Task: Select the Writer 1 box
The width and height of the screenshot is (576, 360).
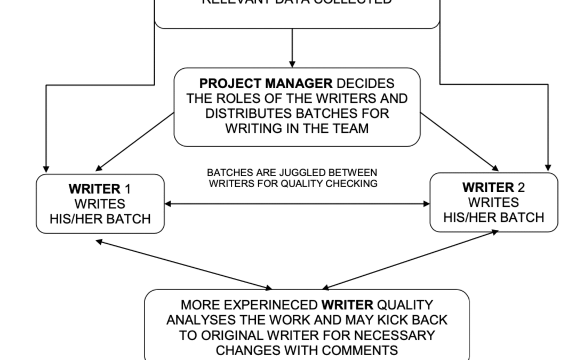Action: (100, 204)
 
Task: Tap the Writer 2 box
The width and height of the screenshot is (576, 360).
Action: (493, 202)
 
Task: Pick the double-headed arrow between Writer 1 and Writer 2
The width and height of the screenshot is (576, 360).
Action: (297, 204)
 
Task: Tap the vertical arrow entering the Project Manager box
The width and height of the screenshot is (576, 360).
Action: (292, 48)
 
